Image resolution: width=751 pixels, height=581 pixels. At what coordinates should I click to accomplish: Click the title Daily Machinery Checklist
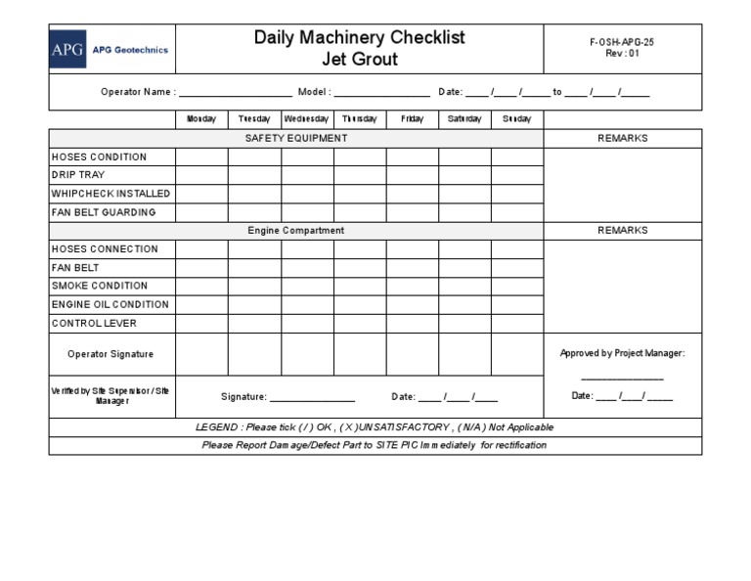(x=359, y=38)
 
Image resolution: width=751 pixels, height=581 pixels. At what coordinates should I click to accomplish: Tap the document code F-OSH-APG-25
(x=623, y=44)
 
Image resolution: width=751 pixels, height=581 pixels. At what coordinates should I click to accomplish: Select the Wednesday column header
(x=306, y=119)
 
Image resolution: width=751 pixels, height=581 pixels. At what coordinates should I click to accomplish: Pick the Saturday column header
(x=464, y=119)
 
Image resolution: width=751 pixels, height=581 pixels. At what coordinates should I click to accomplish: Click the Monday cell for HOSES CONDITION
(x=201, y=156)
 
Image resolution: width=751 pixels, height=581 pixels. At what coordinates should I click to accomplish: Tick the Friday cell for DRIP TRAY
(x=412, y=175)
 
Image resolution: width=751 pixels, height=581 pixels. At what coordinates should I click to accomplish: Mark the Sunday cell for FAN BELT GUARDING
(x=516, y=212)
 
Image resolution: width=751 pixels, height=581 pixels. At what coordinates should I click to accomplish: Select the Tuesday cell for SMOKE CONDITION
(x=254, y=286)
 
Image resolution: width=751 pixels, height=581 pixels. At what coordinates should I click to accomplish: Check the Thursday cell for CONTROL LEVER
(x=359, y=323)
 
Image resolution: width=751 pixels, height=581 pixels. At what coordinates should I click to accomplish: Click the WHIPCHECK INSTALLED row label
(x=110, y=194)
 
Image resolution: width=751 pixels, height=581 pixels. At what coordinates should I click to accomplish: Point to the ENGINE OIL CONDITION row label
(x=110, y=304)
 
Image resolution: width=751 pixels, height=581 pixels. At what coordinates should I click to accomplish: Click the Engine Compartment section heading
(x=295, y=231)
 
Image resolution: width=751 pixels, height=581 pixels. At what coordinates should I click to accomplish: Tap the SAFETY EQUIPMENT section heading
(x=295, y=139)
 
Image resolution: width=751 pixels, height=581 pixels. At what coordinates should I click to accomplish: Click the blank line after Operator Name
(x=235, y=94)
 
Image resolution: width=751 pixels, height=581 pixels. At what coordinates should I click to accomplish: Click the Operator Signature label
(x=110, y=354)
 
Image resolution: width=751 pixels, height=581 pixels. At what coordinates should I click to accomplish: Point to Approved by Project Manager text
(x=622, y=353)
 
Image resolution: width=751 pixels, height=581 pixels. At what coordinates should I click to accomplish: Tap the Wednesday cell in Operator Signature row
(x=306, y=354)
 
